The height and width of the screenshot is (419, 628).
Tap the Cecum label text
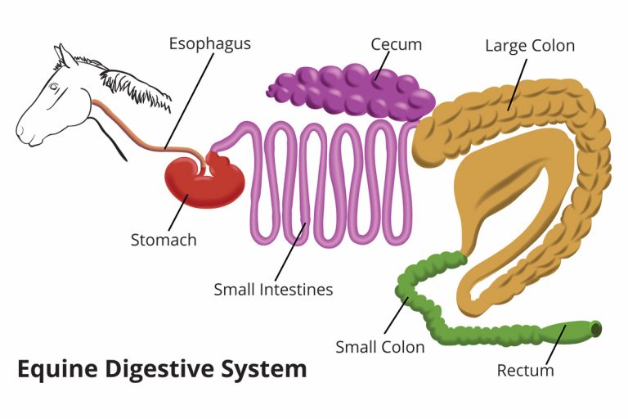396,43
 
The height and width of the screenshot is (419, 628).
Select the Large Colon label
529,45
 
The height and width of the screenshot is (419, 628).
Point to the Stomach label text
164,240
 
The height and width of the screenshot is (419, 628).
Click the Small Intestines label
273,289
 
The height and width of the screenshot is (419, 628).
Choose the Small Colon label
380,347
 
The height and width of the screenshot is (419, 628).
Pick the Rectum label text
525,371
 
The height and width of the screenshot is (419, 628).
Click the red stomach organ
200,182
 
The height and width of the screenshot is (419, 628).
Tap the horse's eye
53,88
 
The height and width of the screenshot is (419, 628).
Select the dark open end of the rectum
596,330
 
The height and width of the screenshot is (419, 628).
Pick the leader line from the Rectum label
554,343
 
